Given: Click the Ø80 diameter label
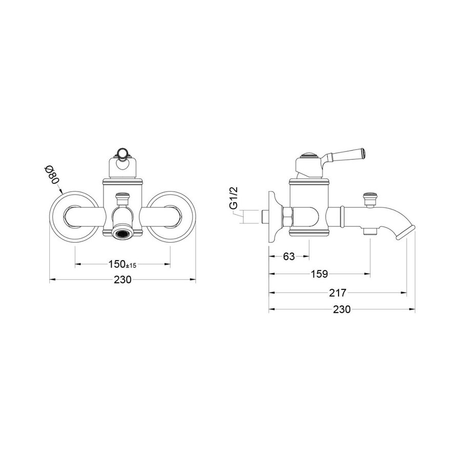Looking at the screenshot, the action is point(52,175).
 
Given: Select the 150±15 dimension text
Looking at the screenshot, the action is point(122,264).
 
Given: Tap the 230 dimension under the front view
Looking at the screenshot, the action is point(122,279).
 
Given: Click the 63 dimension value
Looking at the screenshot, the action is point(289,257).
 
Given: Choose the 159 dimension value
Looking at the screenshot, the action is point(319,274).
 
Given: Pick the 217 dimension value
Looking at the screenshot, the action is point(338,293).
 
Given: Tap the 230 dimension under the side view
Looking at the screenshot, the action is point(342,309).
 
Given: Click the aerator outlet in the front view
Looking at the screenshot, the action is point(122,234).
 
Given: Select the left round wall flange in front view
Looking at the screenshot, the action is point(73,217).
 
